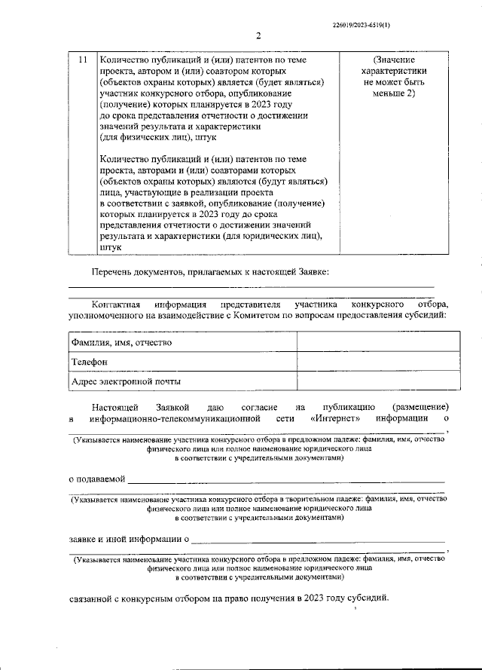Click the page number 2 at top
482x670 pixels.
257,35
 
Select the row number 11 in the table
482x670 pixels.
83,60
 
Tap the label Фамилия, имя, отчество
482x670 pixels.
121,342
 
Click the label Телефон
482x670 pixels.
90,362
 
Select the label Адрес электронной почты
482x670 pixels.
126,381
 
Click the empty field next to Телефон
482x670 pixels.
377,362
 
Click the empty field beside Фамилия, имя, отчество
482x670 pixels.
377,342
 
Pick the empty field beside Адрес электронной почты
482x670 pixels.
377,381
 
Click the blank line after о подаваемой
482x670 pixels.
287,479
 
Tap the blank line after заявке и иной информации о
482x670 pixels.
316,540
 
